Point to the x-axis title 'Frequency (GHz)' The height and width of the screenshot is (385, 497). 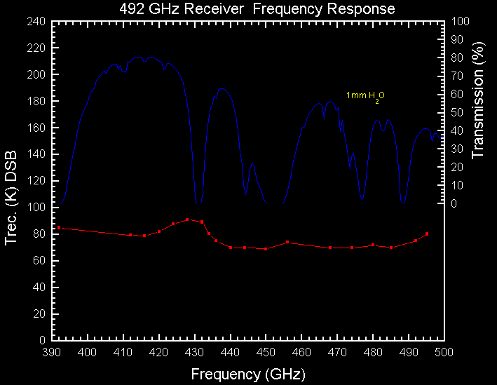(x=248, y=374)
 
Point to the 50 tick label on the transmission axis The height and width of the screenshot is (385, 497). (x=456, y=113)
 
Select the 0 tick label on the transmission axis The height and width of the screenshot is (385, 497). (x=454, y=204)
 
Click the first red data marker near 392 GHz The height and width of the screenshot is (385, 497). (x=59, y=227)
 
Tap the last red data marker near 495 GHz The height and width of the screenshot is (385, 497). (x=427, y=234)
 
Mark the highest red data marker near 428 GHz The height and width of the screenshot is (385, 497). (x=187, y=219)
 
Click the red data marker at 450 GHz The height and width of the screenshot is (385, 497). (x=266, y=249)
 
